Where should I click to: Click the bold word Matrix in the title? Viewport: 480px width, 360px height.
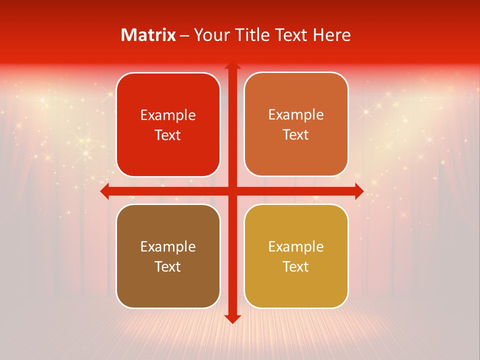click(148, 35)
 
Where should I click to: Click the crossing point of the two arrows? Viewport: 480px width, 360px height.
click(232, 191)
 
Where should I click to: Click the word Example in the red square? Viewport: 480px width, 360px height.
click(168, 115)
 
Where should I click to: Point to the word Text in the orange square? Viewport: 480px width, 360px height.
click(296, 135)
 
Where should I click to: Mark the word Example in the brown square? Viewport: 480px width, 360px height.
click(168, 247)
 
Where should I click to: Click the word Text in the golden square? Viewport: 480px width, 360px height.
click(296, 267)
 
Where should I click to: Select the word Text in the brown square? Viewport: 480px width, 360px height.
click(168, 267)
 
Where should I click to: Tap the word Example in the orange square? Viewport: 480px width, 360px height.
click(296, 115)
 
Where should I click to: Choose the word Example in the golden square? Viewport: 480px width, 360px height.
click(296, 247)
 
